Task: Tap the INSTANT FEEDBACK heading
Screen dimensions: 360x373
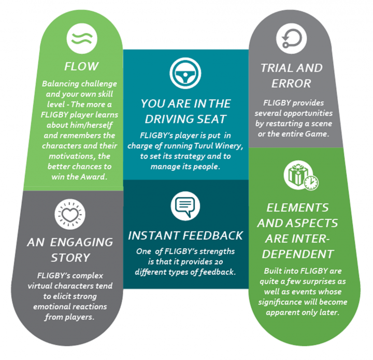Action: (185, 235)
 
